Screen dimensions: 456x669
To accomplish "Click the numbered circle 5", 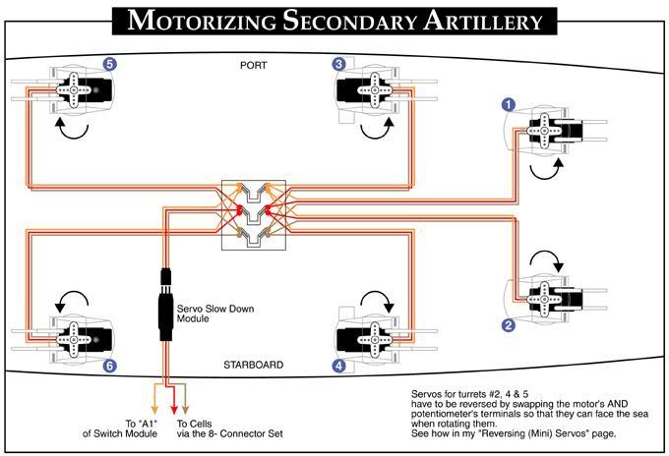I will coord(110,64).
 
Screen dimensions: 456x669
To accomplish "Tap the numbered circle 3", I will coord(339,64).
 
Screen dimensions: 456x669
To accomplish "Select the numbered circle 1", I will coord(509,102).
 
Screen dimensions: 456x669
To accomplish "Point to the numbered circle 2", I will coord(509,324).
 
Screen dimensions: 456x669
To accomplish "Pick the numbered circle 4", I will coord(339,366).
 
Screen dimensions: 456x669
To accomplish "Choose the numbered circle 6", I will coord(110,366).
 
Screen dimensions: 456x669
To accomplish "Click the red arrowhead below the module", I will coord(174,408).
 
